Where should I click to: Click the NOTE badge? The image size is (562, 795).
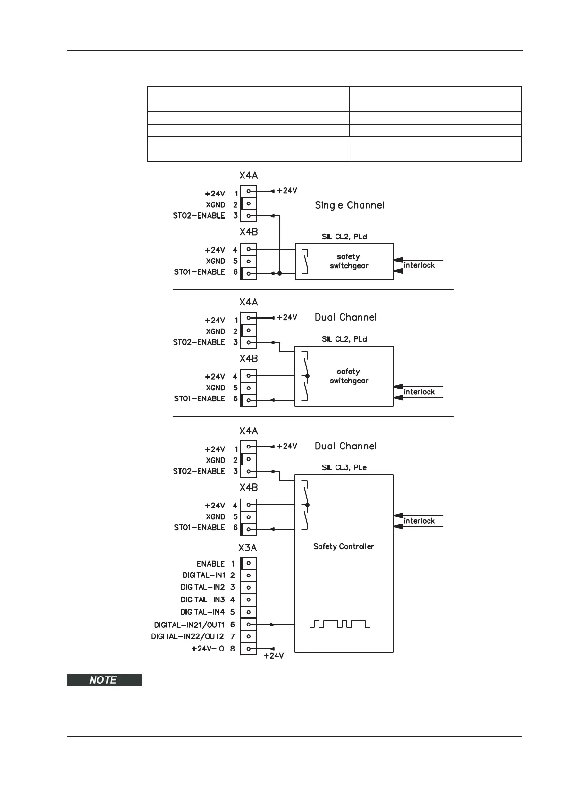tap(104, 680)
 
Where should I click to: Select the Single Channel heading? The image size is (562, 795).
tap(349, 205)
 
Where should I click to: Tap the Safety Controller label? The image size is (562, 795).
tap(344, 546)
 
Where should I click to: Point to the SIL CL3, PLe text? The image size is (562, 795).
tap(344, 467)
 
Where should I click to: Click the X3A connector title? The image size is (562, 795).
tap(248, 548)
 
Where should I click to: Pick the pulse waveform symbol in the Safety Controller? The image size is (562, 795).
tap(339, 624)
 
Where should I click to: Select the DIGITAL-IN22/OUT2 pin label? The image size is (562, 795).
tap(187, 636)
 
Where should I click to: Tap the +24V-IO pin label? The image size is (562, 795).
tap(208, 649)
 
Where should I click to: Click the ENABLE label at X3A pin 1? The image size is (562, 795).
tap(210, 564)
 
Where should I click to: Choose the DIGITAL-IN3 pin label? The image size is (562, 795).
tap(202, 600)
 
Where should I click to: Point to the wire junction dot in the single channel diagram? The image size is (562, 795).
tap(279, 273)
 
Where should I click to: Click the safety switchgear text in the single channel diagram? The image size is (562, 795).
tap(349, 261)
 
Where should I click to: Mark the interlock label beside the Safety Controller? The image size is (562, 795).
tap(419, 521)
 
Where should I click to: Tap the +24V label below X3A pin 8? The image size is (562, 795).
tap(274, 656)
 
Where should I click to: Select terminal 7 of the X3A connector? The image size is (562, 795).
tap(249, 636)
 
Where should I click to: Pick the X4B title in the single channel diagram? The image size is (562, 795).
tap(249, 232)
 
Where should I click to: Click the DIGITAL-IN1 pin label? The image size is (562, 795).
tap(203, 575)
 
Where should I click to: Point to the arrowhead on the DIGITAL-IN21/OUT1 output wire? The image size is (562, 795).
tap(272, 625)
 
